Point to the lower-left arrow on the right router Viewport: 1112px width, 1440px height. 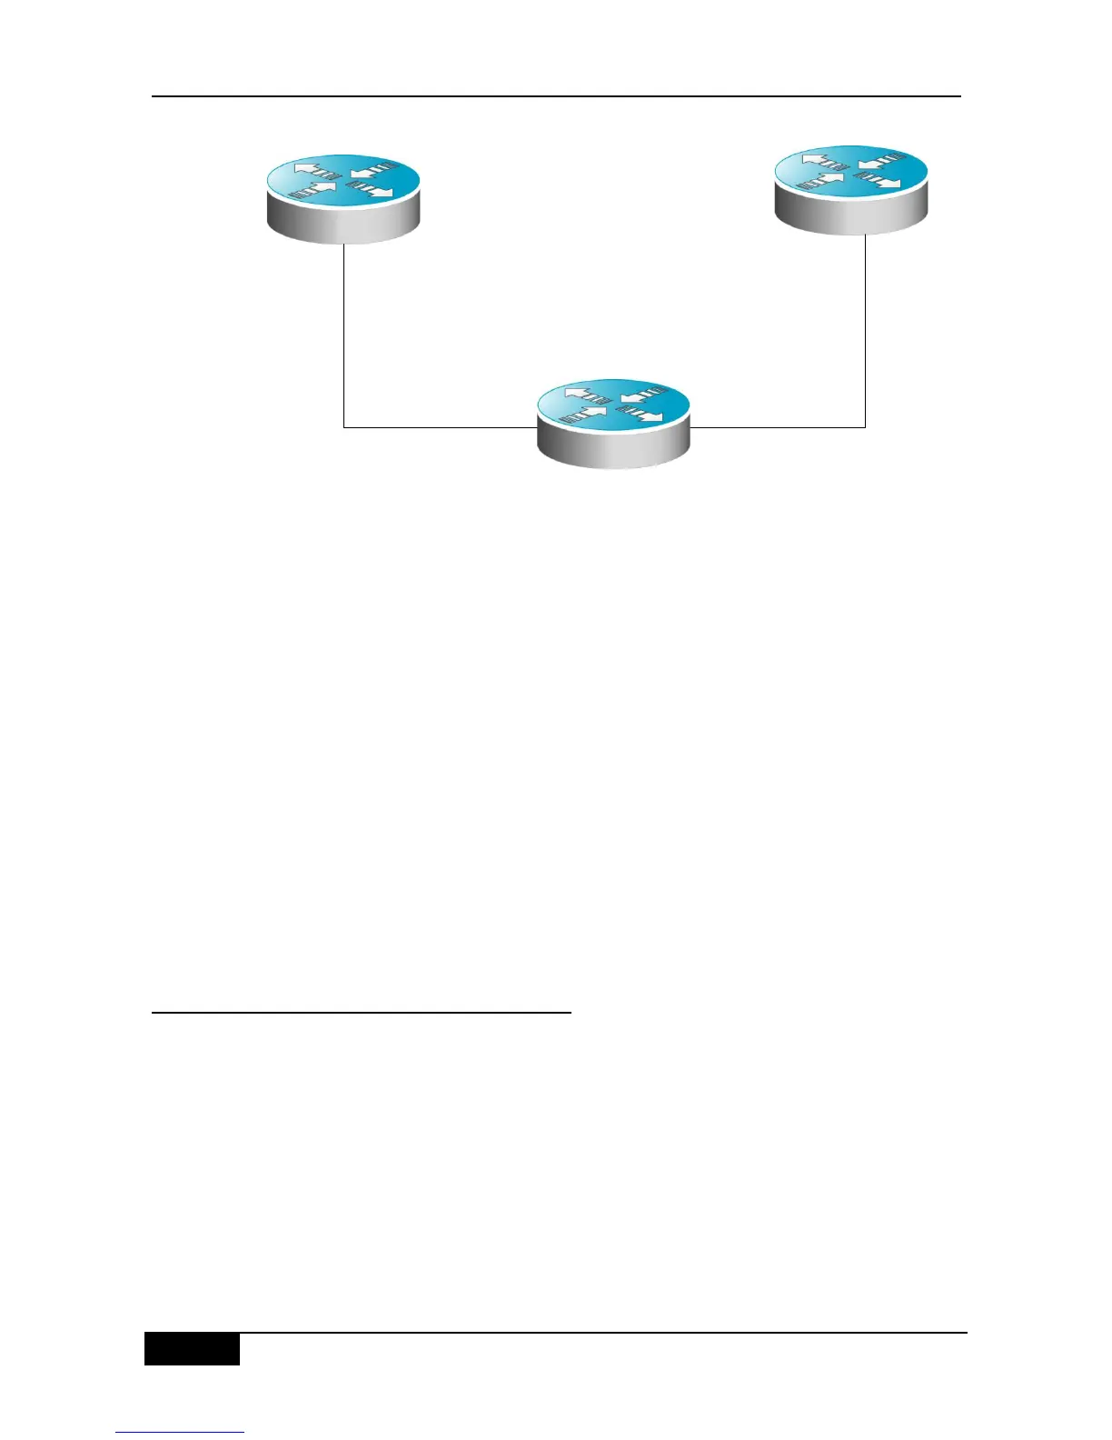(820, 183)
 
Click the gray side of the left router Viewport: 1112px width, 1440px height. (343, 224)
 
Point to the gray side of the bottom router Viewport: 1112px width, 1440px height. (614, 449)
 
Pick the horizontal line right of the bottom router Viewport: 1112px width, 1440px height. (777, 427)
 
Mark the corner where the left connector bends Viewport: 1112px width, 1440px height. (344, 427)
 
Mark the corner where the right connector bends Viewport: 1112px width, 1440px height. (866, 427)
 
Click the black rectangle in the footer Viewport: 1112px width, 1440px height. (192, 1348)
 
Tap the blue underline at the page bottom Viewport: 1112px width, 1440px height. (180, 1433)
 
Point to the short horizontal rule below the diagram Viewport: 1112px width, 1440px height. (361, 1011)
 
